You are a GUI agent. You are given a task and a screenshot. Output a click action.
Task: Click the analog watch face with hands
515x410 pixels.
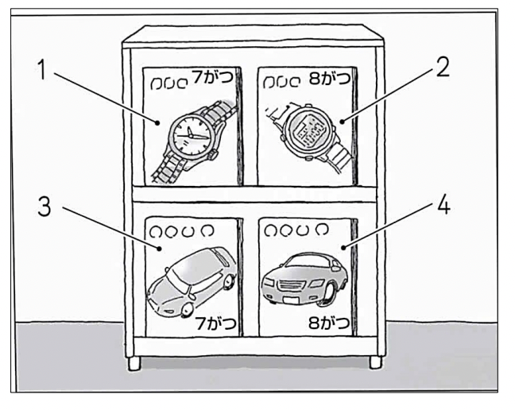[189, 133]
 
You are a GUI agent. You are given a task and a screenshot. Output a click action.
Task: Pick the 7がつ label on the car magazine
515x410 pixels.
[211, 323]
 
